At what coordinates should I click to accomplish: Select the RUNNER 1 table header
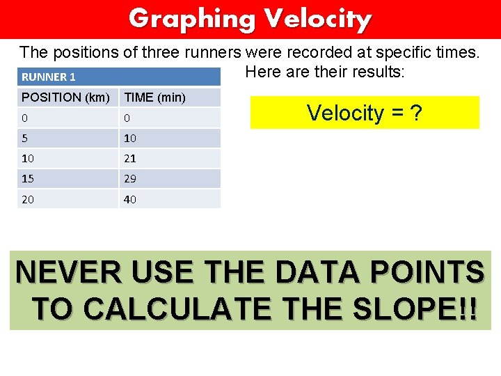tap(49, 77)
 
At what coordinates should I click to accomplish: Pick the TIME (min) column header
tap(154, 97)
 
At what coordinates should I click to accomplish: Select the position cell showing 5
tap(25, 138)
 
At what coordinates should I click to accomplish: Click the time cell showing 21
tap(130, 159)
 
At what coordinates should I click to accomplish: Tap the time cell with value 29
tap(130, 179)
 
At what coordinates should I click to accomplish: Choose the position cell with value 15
tap(29, 179)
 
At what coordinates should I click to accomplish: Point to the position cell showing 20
tap(29, 200)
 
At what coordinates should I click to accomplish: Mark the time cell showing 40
tap(130, 200)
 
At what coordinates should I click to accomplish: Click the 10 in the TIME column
tap(130, 138)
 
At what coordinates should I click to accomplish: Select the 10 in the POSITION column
tap(29, 159)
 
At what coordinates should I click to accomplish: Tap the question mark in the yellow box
tap(415, 113)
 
